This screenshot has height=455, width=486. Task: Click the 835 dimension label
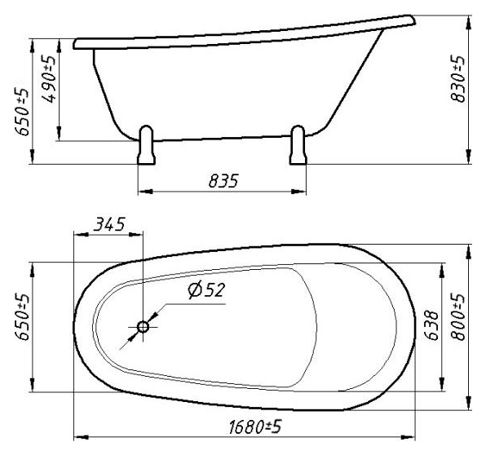tap(223, 181)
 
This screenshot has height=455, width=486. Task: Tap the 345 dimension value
tap(109, 224)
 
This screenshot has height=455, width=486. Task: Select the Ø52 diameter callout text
tap(206, 290)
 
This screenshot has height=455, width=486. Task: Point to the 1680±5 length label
tap(255, 427)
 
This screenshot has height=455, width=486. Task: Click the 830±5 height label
tap(457, 79)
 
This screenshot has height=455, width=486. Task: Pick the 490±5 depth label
tap(49, 79)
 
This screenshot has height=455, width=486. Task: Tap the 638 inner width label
tap(431, 325)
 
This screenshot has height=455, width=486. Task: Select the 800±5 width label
tap(457, 316)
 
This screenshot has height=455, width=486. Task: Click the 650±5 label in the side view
tap(22, 112)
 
